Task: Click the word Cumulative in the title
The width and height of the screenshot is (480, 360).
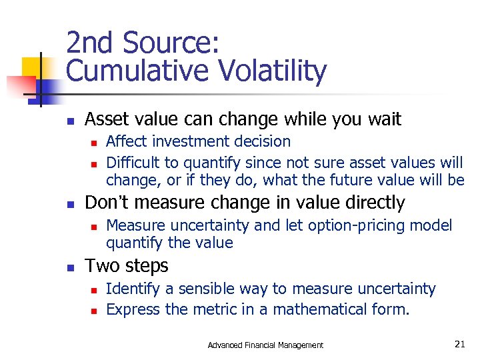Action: (x=133, y=71)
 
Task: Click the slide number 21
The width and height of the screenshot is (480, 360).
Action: (x=459, y=344)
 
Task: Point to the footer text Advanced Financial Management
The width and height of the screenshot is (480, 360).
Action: (x=265, y=345)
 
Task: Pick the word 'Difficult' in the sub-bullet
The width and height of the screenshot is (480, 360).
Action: (x=130, y=162)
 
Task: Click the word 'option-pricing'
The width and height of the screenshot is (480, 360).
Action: (x=335, y=226)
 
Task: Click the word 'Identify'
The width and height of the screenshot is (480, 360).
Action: (x=131, y=289)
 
